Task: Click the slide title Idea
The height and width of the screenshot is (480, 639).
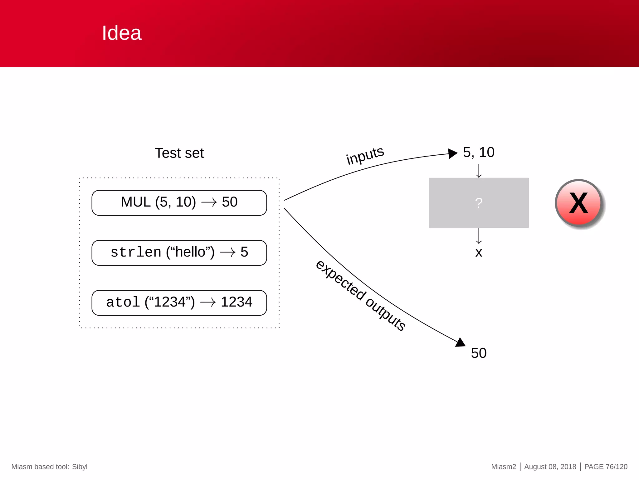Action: [x=122, y=33]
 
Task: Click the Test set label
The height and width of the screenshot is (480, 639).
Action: [x=179, y=153]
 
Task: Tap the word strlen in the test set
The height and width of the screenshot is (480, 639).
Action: [x=136, y=252]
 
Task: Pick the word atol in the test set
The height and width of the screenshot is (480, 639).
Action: [x=123, y=302]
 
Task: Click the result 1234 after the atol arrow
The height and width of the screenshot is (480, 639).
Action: [x=236, y=302]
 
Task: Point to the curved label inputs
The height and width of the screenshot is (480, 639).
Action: [x=365, y=155]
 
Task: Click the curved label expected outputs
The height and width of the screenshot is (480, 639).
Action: [x=360, y=295]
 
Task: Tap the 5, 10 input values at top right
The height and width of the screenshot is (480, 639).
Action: [x=478, y=152]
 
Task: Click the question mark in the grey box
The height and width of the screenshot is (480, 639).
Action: [x=479, y=203]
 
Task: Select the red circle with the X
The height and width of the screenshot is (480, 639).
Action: [x=579, y=203]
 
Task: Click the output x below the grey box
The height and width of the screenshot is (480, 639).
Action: [x=479, y=252]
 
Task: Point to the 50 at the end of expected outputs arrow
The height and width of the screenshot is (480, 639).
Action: [x=479, y=353]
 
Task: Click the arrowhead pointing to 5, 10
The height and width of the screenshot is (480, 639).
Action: [x=452, y=153]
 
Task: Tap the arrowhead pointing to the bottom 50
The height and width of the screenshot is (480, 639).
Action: [x=461, y=342]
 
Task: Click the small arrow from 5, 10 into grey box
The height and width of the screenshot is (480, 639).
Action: [x=479, y=171]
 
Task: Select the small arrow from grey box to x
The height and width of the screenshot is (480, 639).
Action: [x=479, y=236]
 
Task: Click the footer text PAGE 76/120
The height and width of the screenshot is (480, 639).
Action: [x=606, y=467]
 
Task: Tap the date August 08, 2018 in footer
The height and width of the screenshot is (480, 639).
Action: [x=550, y=467]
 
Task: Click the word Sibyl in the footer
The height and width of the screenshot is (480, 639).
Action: [x=80, y=467]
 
